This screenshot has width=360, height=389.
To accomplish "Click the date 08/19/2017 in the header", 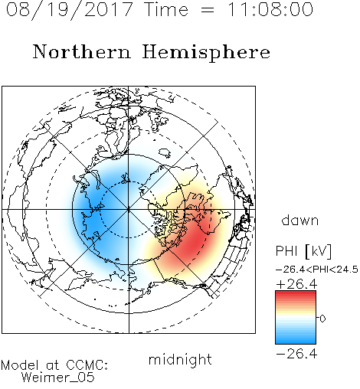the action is tap(70, 10).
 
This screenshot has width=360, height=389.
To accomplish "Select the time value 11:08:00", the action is tap(270, 9).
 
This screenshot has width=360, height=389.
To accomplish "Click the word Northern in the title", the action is tap(82, 51).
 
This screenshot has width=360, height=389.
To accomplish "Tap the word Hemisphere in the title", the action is tap(206, 53).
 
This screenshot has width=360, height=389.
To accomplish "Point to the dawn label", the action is tap(300, 220).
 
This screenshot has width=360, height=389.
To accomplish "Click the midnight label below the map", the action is tap(180, 360).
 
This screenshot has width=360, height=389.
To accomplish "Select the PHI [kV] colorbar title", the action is tap(303, 251).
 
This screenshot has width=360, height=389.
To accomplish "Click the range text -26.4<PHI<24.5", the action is tap(317, 270).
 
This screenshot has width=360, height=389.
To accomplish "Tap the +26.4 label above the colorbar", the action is tap(296, 284).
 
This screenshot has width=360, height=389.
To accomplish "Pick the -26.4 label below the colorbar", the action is tap(296, 354).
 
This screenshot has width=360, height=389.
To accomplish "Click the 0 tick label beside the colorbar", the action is tap(322, 319).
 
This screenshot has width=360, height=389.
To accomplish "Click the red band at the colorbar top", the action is tap(296, 295).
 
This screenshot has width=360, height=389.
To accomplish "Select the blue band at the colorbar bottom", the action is tap(296, 340).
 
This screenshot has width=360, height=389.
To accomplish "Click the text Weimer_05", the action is tap(58, 378).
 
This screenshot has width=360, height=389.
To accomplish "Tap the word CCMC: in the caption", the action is tap(87, 365).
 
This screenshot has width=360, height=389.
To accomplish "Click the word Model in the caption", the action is tap(20, 365).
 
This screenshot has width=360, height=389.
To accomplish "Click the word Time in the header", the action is tap(166, 9).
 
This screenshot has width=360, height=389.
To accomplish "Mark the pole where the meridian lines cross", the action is tap(129, 209).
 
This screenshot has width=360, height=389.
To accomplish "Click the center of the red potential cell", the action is tap(195, 243).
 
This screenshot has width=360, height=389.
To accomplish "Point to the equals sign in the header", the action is tap(208, 10).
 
